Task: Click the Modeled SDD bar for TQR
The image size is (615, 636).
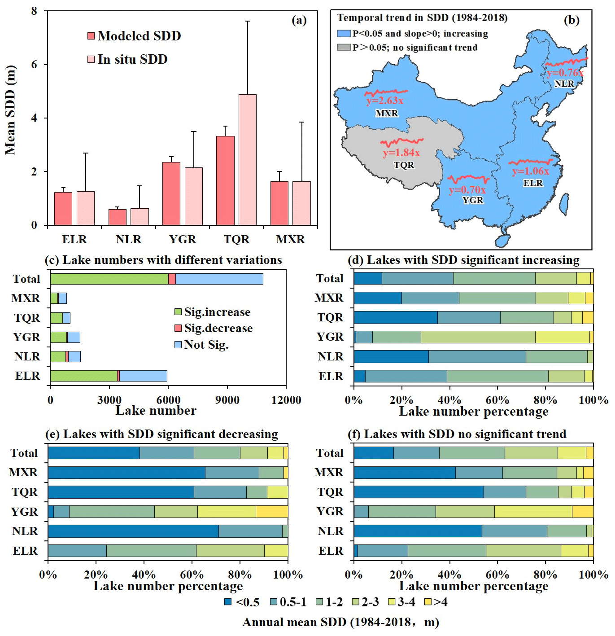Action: [225, 180]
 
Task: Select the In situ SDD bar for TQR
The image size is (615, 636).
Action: [248, 159]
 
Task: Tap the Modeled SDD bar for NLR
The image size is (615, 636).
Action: [117, 217]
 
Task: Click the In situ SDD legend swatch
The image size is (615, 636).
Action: [91, 59]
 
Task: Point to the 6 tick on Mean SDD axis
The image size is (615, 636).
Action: [35, 65]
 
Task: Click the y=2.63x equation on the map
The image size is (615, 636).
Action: [385, 101]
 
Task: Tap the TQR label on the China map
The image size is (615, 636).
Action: [404, 165]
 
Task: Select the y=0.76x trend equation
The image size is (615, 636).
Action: [565, 73]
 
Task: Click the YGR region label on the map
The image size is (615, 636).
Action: [473, 200]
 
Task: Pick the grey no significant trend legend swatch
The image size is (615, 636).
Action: [344, 47]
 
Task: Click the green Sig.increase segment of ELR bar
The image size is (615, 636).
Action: [83, 376]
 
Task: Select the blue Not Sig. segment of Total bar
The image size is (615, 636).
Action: [219, 279]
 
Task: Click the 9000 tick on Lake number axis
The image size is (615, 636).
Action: [227, 400]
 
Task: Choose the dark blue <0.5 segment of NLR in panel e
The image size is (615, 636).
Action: [133, 531]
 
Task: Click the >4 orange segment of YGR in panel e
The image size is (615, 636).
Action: [272, 512]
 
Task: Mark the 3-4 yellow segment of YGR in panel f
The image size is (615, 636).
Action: [533, 511]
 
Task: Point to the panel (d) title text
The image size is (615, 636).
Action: [463, 260]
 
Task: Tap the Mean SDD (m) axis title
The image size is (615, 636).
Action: [10, 110]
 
